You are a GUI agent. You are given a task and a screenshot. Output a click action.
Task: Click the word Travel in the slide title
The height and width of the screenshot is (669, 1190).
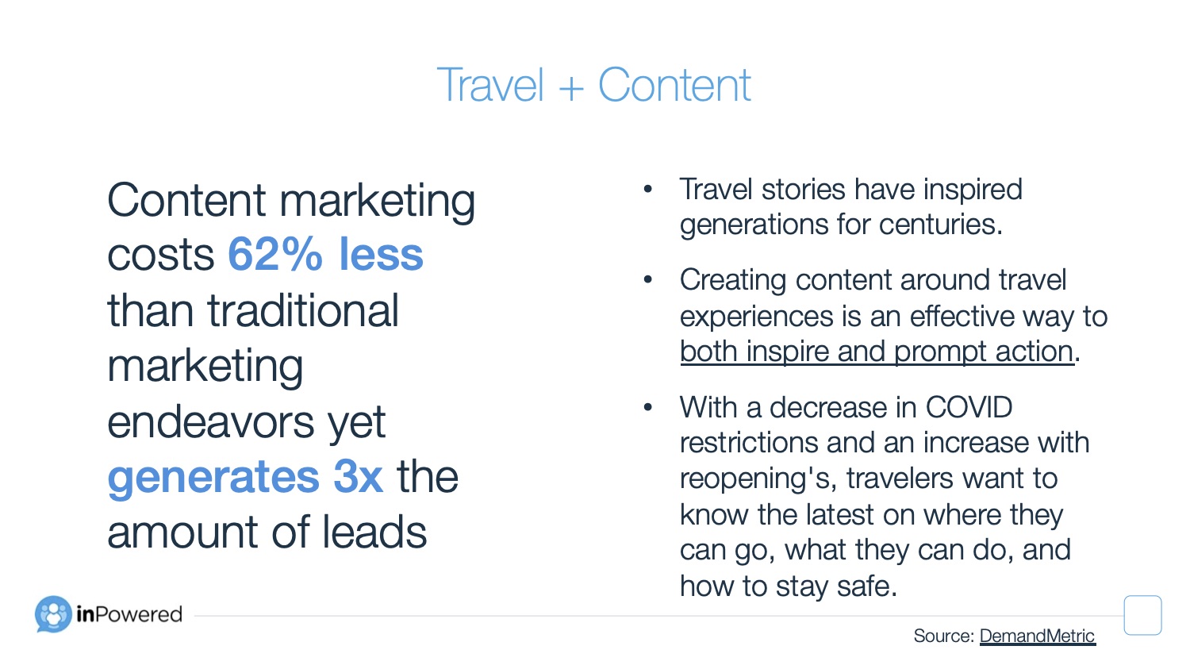pos(489,84)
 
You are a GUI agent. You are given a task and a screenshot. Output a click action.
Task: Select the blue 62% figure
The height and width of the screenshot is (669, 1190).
pos(275,254)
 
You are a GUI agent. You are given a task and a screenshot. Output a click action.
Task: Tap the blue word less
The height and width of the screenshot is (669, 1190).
pos(381,254)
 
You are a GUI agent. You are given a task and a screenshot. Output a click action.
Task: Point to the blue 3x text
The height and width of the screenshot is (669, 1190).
pos(358,476)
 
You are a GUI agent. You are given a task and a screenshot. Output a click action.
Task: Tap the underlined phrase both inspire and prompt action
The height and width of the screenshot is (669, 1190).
pos(877,352)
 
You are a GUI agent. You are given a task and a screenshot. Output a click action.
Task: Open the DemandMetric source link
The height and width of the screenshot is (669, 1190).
pos(1037,636)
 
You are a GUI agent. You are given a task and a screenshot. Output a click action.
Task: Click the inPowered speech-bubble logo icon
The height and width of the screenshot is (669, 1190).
pos(53,614)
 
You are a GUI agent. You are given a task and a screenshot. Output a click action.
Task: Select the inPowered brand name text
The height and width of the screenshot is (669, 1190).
pos(129,614)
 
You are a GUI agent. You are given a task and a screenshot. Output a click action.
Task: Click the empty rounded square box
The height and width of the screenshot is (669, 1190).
pos(1142,615)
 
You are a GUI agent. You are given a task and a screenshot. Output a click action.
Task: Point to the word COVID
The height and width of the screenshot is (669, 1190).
pos(969,408)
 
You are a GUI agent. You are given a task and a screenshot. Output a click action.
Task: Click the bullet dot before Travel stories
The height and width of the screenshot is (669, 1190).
pos(647,189)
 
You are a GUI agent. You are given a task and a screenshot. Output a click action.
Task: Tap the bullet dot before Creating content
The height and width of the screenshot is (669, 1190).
pos(647,279)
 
